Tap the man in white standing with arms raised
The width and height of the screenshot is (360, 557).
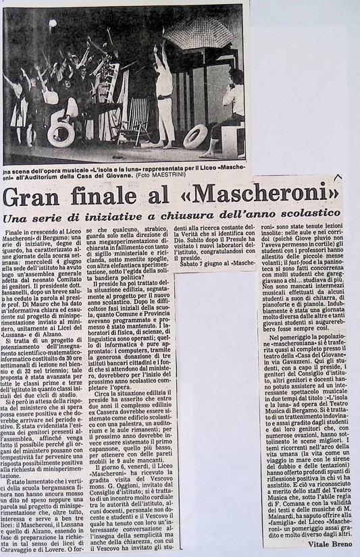coord(162,95)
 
